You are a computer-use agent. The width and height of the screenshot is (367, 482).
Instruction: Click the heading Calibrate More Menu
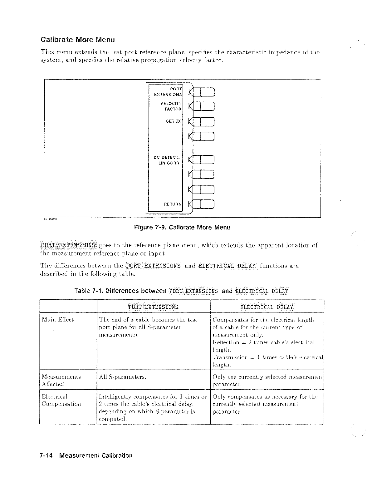(78, 40)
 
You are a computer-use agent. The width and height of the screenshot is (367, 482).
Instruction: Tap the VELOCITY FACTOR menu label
(171, 106)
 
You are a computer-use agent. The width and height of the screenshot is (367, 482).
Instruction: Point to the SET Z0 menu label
(174, 121)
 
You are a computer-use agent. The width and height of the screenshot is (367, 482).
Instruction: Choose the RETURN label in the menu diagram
(173, 204)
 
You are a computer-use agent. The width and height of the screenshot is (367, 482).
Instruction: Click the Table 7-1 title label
(181, 291)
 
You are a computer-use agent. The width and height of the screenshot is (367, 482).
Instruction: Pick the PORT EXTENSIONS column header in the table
(153, 307)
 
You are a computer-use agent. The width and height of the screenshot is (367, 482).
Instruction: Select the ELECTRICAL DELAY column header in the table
(267, 307)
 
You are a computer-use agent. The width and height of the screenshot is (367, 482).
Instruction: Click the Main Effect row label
(58, 320)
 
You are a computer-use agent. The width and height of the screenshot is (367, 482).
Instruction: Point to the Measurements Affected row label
(61, 380)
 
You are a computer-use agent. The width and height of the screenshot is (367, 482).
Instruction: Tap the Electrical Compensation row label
(61, 400)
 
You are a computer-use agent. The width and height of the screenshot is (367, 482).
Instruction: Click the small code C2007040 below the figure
(50, 219)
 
